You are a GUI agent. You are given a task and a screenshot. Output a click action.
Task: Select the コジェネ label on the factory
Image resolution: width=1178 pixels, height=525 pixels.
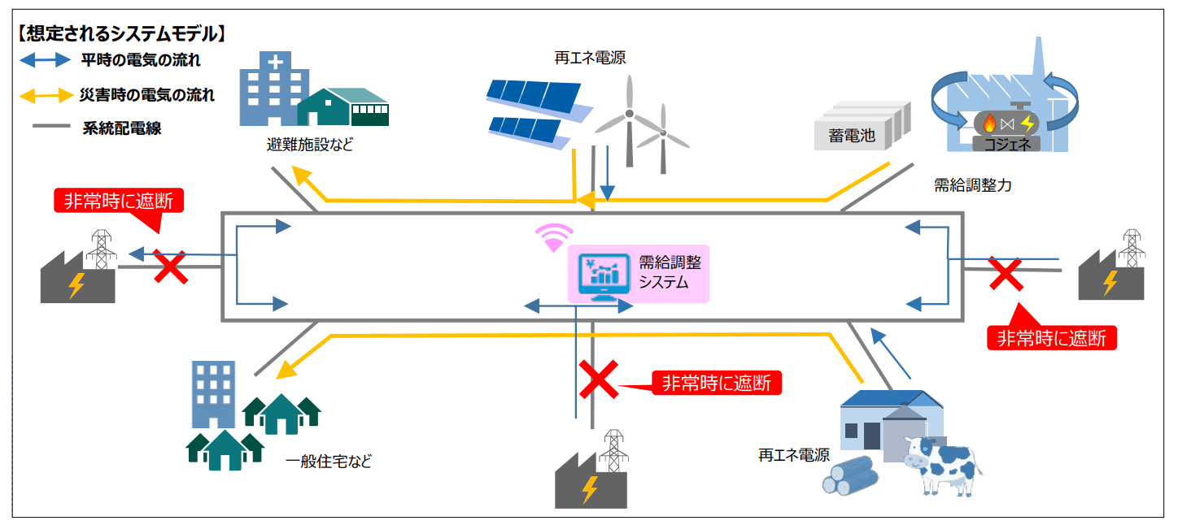[x=1007, y=144]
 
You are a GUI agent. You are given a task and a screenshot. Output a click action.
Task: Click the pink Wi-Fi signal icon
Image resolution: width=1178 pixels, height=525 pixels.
[x=554, y=238]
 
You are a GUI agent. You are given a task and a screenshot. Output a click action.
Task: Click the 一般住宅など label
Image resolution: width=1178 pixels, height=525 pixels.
[x=329, y=462]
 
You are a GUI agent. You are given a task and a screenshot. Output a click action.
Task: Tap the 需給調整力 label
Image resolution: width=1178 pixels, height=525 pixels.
[x=972, y=185]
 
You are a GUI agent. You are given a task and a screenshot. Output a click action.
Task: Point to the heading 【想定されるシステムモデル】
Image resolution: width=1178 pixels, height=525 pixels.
[x=122, y=34]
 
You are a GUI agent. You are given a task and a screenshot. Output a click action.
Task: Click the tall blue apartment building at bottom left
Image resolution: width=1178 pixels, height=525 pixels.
[x=213, y=394]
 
